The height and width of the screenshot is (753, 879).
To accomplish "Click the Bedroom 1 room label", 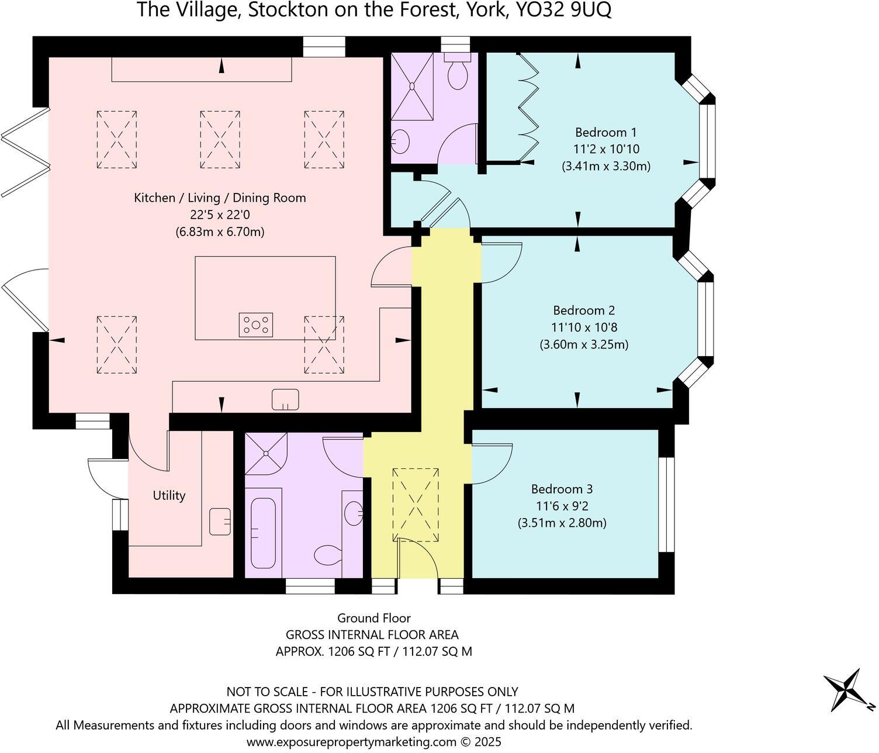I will coord(605,132).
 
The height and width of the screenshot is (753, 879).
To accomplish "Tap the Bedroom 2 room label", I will coord(584,310).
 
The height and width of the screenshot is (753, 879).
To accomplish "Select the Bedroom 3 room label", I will coord(561,489).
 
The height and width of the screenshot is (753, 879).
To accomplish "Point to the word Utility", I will coord(169,496).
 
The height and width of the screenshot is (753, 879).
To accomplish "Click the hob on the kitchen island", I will coord(256,325).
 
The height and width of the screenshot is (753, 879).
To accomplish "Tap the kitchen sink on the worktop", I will coord(285,400).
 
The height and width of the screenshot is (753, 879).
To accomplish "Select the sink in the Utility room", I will coord(220,521).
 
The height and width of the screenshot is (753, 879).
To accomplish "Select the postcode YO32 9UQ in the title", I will coord(560,10).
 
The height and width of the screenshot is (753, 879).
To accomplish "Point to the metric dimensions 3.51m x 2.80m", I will coord(562,523).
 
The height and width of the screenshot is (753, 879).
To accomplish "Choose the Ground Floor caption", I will coord(373,618).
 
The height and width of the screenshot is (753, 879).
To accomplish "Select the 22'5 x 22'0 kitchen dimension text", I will coord(220,215).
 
